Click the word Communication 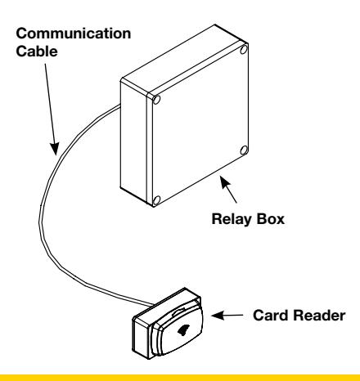pyautogui.click(x=74, y=34)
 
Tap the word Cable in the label pyautogui.click(x=37, y=52)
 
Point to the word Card pyautogui.click(x=271, y=316)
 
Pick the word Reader pyautogui.click(x=319, y=316)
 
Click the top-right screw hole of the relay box pyautogui.click(x=244, y=50)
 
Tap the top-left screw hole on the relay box pyautogui.click(x=156, y=100)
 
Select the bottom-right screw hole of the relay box pyautogui.click(x=244, y=150)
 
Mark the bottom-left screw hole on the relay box pyautogui.click(x=156, y=201)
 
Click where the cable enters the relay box pyautogui.click(x=119, y=106)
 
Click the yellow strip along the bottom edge pyautogui.click(x=180, y=378)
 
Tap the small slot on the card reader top pyautogui.click(x=179, y=312)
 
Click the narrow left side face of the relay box pyautogui.click(x=133, y=141)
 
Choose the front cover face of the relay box pyautogui.click(x=199, y=125)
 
